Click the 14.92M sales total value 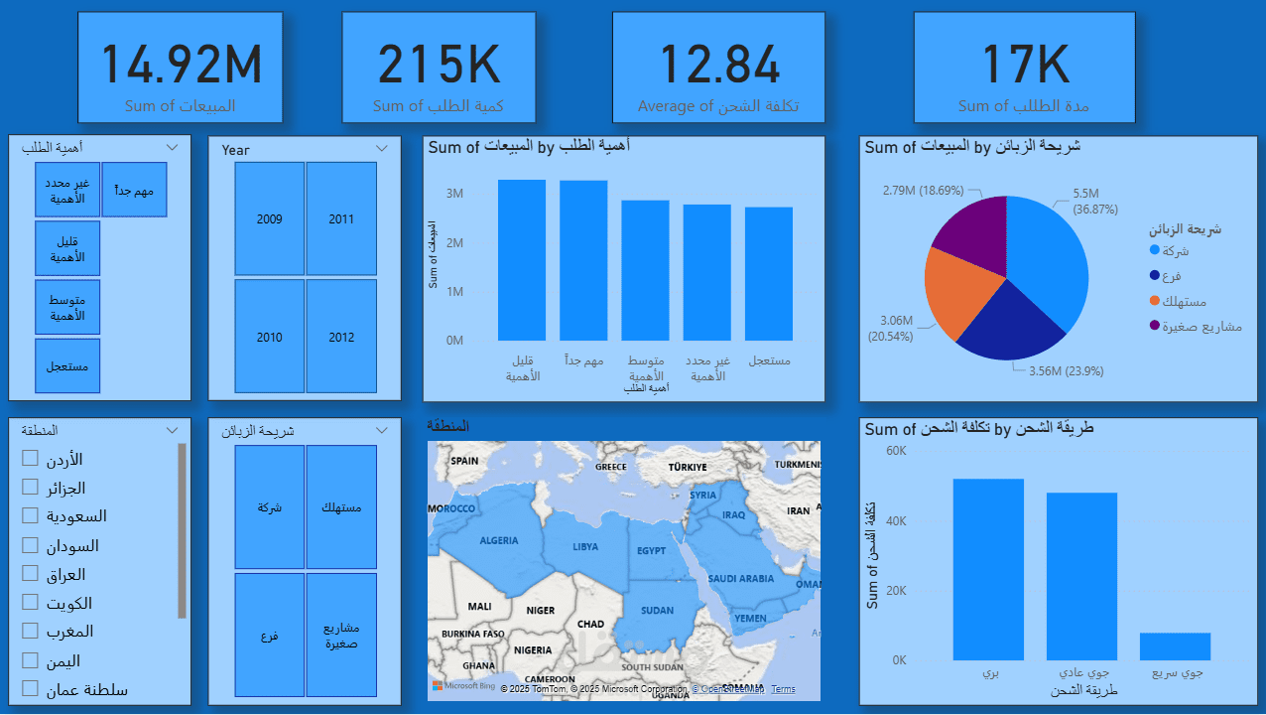pos(182,65)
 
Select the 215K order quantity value pos(439,65)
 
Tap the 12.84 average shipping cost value pos(720,65)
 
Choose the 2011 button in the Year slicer pos(341,218)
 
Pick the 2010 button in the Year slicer pos(269,337)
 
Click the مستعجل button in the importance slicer pos(67,365)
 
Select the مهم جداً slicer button pos(134,190)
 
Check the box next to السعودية pos(30,516)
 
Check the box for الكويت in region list pos(30,603)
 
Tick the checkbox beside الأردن pos(30,458)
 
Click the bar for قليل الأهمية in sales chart pos(522,260)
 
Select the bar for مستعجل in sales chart pos(769,274)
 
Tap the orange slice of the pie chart pos(949,294)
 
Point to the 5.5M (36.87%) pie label pos(1094,202)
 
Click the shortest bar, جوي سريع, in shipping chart pos(1175,646)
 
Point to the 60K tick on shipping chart pos(896,451)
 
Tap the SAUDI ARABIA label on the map pos(741,578)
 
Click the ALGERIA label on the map pos(499,540)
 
